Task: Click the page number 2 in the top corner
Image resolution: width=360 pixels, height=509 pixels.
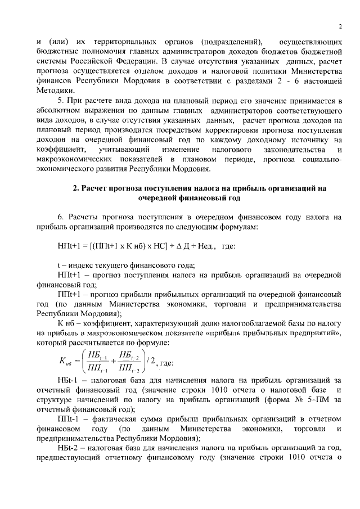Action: pos(341,27)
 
